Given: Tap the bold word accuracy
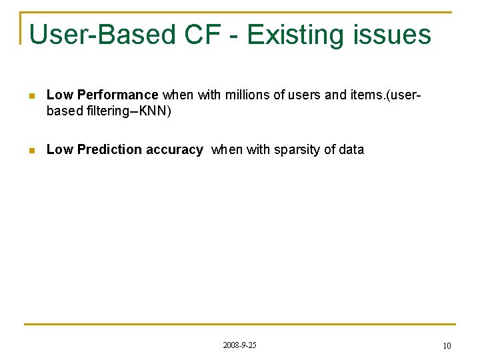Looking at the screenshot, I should pyautogui.click(x=174, y=150).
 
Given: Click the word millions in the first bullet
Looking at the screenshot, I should pyautogui.click(x=247, y=95).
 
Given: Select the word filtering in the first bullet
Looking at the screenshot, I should pyautogui.click(x=105, y=111).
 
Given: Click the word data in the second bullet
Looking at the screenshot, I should pyautogui.click(x=351, y=150).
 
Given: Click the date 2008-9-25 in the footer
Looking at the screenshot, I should pyautogui.click(x=239, y=345).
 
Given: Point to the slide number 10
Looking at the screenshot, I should pyautogui.click(x=447, y=345).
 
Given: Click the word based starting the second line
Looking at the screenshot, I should pyautogui.click(x=65, y=111).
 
